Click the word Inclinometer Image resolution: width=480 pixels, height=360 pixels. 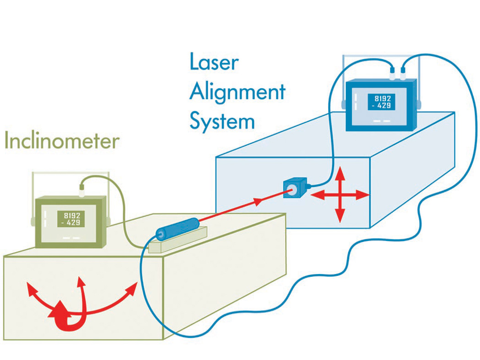[x=61, y=141]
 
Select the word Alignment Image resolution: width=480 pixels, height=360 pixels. [x=237, y=93]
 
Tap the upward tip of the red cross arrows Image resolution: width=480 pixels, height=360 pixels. [x=340, y=171]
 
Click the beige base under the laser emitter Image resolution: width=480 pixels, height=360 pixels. [x=178, y=242]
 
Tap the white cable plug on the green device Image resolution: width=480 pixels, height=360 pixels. [x=82, y=187]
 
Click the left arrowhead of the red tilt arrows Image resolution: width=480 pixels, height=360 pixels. [x=30, y=288]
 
